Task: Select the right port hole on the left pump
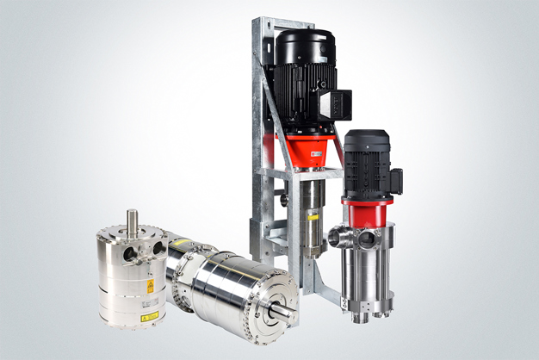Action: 158,250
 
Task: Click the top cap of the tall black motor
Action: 303,42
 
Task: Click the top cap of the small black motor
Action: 367,137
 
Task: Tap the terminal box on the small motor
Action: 395,181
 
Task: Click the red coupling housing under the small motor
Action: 368,212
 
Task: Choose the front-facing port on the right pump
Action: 367,240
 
